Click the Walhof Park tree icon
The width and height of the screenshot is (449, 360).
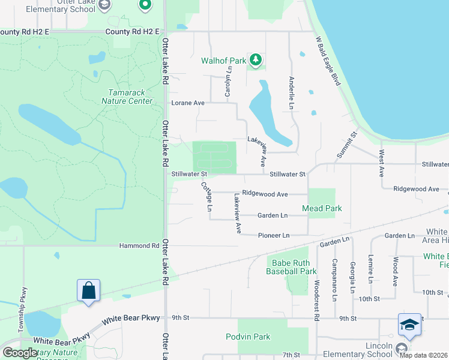tap(256, 59)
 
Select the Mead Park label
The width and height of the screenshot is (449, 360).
tap(322, 208)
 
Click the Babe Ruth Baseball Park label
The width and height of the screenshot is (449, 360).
tap(291, 267)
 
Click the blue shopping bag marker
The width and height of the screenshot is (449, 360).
tap(88, 291)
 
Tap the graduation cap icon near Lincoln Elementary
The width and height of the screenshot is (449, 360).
tap(409, 325)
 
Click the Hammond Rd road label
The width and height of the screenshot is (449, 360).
tap(139, 245)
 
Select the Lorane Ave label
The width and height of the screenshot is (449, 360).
tap(188, 103)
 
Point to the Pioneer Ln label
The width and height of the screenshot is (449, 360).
tap(274, 235)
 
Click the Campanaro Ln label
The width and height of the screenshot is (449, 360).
tap(334, 280)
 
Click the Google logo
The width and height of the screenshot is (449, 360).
tap(19, 353)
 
